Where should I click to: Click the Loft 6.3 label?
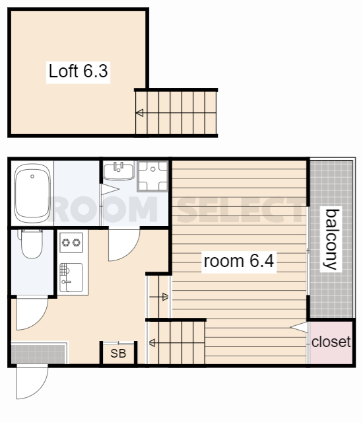78,71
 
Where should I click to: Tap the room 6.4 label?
239,261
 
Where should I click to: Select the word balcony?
331,239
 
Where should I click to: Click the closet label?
331,342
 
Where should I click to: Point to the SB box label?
118,354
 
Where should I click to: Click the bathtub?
32,193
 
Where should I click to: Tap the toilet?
31,244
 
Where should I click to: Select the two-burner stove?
71,243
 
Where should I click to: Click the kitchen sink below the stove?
71,278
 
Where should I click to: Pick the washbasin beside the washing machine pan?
119,171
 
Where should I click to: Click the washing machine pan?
152,176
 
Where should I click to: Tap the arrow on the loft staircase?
139,113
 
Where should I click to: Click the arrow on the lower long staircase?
152,343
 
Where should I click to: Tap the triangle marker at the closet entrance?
298,327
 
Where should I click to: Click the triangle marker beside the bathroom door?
110,190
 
